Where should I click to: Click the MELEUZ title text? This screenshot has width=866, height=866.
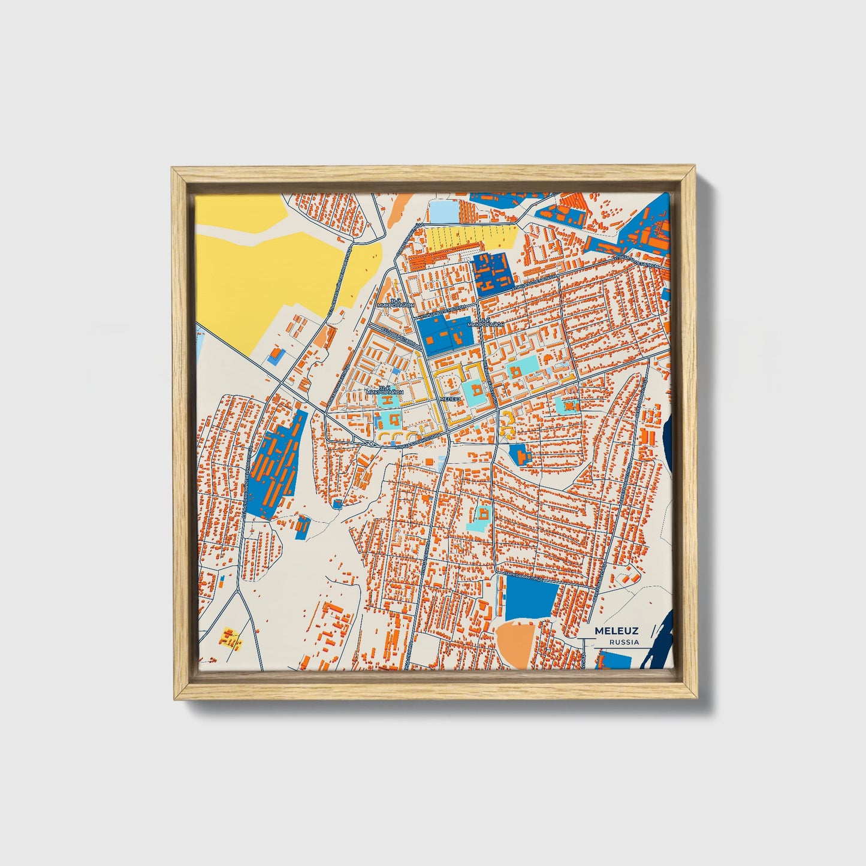[x=616, y=631]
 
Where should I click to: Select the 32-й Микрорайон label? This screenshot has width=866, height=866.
[x=384, y=390]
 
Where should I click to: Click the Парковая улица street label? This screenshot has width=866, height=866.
[x=523, y=577]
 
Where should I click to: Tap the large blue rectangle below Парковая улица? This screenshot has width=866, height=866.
[x=531, y=601]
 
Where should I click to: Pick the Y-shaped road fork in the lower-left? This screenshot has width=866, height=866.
[x=239, y=590]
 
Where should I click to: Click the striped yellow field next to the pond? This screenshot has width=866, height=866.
[x=470, y=237]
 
